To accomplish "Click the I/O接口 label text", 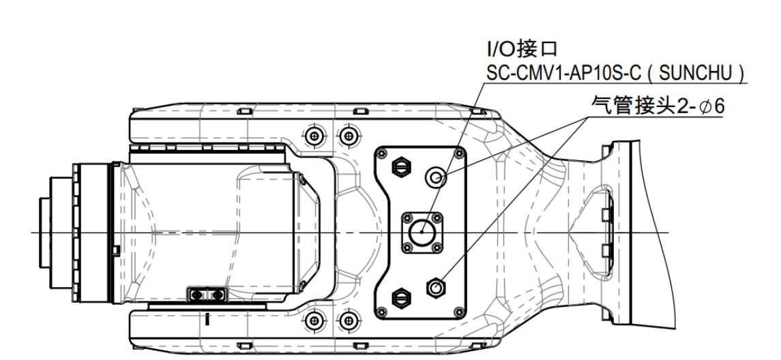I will pyautogui.click(x=522, y=49).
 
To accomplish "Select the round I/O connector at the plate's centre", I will pyautogui.click(x=421, y=232).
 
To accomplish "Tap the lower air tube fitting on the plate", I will pyautogui.click(x=434, y=287).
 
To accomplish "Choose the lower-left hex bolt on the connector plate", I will pyautogui.click(x=399, y=297).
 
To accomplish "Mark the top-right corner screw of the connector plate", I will pyautogui.click(x=458, y=155).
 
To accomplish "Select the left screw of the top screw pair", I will pyautogui.click(x=314, y=134).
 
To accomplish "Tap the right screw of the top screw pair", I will pyautogui.click(x=349, y=134).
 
